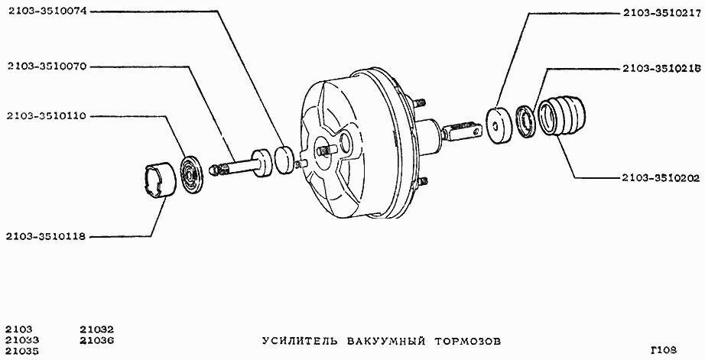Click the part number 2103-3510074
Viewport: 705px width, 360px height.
[x=47, y=11]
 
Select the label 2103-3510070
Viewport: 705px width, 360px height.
[x=47, y=67]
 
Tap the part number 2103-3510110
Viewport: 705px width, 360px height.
[x=47, y=116]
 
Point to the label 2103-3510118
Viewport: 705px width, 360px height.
[x=46, y=236]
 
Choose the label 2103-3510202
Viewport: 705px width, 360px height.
[x=661, y=178]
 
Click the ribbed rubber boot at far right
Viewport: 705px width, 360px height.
[x=562, y=115]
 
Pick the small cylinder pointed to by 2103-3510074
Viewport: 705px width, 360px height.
[x=285, y=159]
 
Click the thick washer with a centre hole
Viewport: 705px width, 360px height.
[x=499, y=125]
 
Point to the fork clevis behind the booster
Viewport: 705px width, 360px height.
[x=463, y=131]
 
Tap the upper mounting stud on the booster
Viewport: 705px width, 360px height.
[x=419, y=102]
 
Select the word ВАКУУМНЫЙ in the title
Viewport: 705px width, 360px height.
[x=386, y=341]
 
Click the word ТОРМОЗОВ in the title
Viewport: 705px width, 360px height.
[x=468, y=341]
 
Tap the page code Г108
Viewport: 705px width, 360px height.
[x=663, y=349]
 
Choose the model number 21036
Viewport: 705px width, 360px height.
[x=96, y=340]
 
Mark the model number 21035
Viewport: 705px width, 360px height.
[x=22, y=351]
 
